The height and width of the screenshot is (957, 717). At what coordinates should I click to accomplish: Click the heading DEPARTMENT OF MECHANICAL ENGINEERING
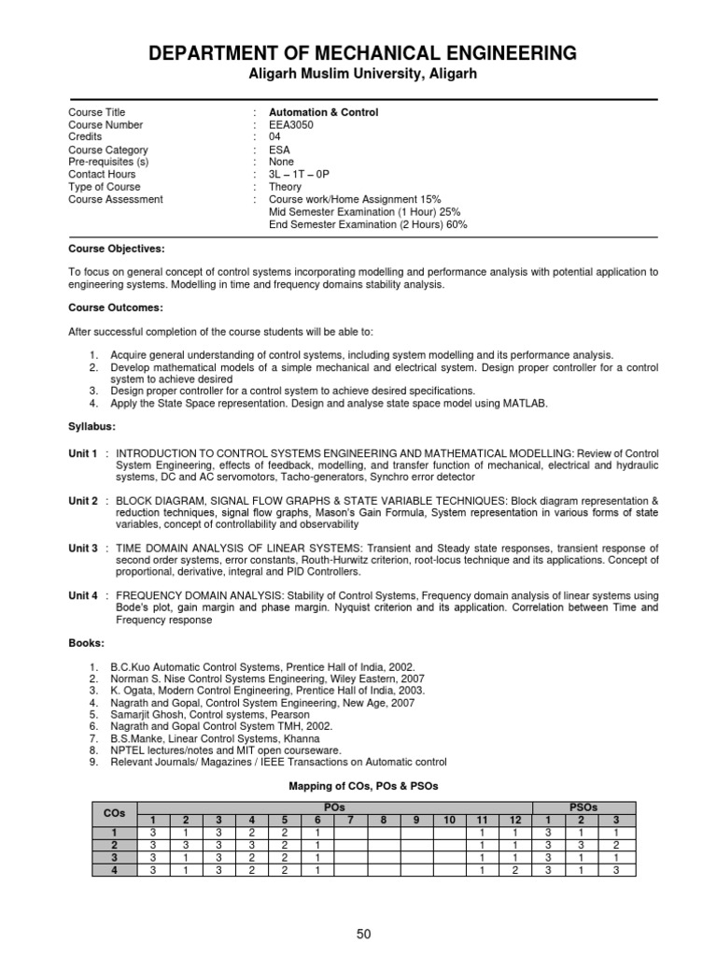363,52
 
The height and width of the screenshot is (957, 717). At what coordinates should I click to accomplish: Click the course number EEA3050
290,125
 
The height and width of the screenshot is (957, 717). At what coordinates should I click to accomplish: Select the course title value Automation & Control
323,112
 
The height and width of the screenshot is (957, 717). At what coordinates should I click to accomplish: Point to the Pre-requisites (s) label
108,162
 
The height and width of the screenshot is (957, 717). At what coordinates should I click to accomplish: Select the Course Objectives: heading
116,250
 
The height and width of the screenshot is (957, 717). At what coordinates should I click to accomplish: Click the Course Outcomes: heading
115,307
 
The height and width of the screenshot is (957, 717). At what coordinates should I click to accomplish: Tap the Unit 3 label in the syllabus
83,549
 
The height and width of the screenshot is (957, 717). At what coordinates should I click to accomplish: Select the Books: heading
87,644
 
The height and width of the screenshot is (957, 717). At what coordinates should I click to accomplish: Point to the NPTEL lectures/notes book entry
225,750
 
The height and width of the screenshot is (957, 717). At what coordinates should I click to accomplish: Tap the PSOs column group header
583,807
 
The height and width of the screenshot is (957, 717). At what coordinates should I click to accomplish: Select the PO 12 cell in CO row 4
514,870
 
